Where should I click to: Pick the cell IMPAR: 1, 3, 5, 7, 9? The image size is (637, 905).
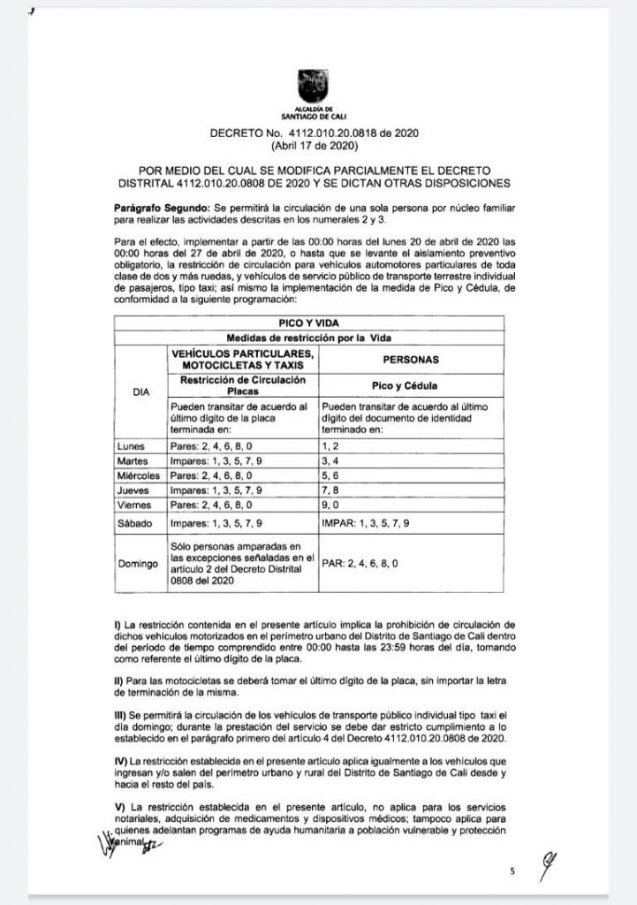(371, 523)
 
